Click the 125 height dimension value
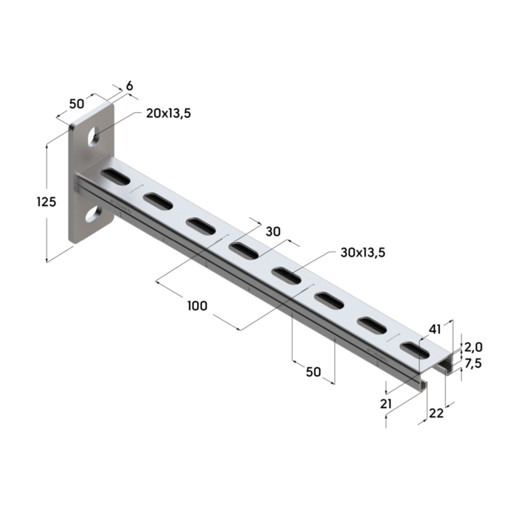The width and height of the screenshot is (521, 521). [x=46, y=202]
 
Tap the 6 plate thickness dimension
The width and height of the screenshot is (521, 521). [x=130, y=86]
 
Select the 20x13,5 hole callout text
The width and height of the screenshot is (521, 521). [x=168, y=113]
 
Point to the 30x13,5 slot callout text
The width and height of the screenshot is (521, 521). [x=363, y=252]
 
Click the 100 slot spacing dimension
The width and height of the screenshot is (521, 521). [x=197, y=305]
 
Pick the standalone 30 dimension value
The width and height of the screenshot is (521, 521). [x=273, y=232]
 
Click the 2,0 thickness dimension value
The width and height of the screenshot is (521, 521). [x=473, y=347]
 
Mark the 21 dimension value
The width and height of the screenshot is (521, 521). [x=386, y=404]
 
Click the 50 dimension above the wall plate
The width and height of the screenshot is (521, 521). [x=77, y=103]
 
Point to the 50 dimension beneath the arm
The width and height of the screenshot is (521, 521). [x=313, y=372]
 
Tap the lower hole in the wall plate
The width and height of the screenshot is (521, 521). [x=92, y=212]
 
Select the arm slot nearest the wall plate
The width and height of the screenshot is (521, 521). [x=114, y=176]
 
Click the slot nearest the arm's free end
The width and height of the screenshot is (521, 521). [x=414, y=349]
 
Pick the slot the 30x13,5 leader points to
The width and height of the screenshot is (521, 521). [x=285, y=277]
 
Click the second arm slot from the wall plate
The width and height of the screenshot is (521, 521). [x=157, y=200]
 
